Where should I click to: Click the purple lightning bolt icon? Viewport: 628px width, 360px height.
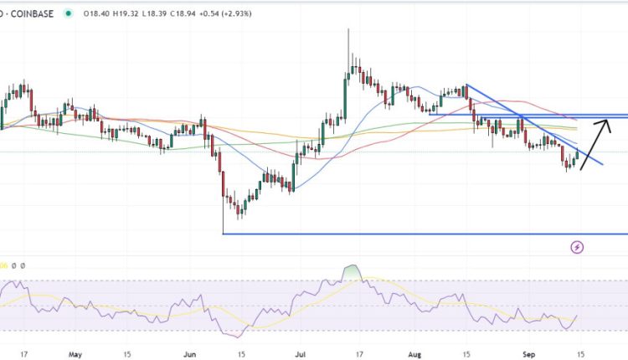(577, 247)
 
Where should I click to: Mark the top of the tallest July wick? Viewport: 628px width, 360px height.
(348, 30)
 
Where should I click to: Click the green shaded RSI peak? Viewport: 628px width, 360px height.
(352, 272)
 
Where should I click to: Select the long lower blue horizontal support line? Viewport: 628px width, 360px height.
(419, 234)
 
